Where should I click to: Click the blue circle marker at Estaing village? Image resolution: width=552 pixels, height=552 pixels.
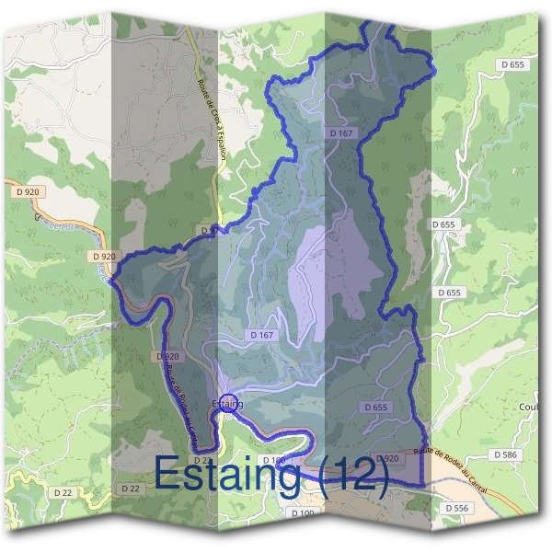point(230,402)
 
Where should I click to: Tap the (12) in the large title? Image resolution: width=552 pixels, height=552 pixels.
point(353,473)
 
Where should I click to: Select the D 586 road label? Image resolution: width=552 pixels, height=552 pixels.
point(505,454)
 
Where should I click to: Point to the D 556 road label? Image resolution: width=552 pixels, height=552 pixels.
point(456,508)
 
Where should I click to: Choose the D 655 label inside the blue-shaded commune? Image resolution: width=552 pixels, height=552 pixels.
point(375,407)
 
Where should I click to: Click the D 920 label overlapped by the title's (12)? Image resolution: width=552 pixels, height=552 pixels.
point(386,458)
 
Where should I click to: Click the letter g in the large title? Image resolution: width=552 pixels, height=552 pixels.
point(294,478)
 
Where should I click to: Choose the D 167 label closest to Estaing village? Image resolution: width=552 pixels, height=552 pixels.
point(261,335)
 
